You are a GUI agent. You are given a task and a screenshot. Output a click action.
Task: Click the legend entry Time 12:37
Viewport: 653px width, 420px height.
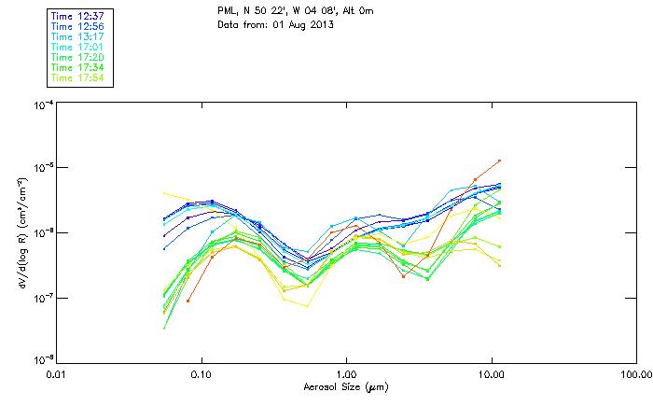coord(76,16)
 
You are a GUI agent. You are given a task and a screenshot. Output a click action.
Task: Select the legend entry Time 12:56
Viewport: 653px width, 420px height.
coord(76,26)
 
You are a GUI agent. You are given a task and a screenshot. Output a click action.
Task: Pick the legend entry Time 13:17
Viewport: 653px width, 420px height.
coord(76,36)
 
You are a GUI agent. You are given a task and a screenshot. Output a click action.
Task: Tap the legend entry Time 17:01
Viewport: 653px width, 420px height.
coord(76,47)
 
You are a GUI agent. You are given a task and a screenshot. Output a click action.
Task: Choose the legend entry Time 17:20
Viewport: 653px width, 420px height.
coord(76,57)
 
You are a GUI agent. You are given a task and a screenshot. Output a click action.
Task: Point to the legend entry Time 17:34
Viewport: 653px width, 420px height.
coord(76,67)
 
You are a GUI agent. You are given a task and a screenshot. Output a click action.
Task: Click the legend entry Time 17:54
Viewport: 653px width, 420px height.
coord(76,77)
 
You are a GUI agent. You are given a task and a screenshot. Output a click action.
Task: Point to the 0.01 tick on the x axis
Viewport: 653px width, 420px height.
coord(57,374)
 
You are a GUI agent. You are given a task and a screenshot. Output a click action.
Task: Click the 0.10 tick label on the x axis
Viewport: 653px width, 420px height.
coord(201,374)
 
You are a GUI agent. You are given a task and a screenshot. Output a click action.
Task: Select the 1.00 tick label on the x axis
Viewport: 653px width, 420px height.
coord(347,374)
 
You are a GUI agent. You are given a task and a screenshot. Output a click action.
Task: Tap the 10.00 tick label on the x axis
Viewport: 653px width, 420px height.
coord(492,374)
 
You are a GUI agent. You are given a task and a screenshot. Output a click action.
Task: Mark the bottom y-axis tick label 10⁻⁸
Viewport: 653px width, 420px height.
coord(42,360)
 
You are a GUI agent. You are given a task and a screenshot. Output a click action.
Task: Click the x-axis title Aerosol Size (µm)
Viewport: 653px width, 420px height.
coord(346,385)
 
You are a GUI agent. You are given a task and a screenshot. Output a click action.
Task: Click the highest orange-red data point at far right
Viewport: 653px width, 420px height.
coord(500,161)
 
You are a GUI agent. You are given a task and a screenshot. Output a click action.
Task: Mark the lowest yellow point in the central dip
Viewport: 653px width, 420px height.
coord(309,306)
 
